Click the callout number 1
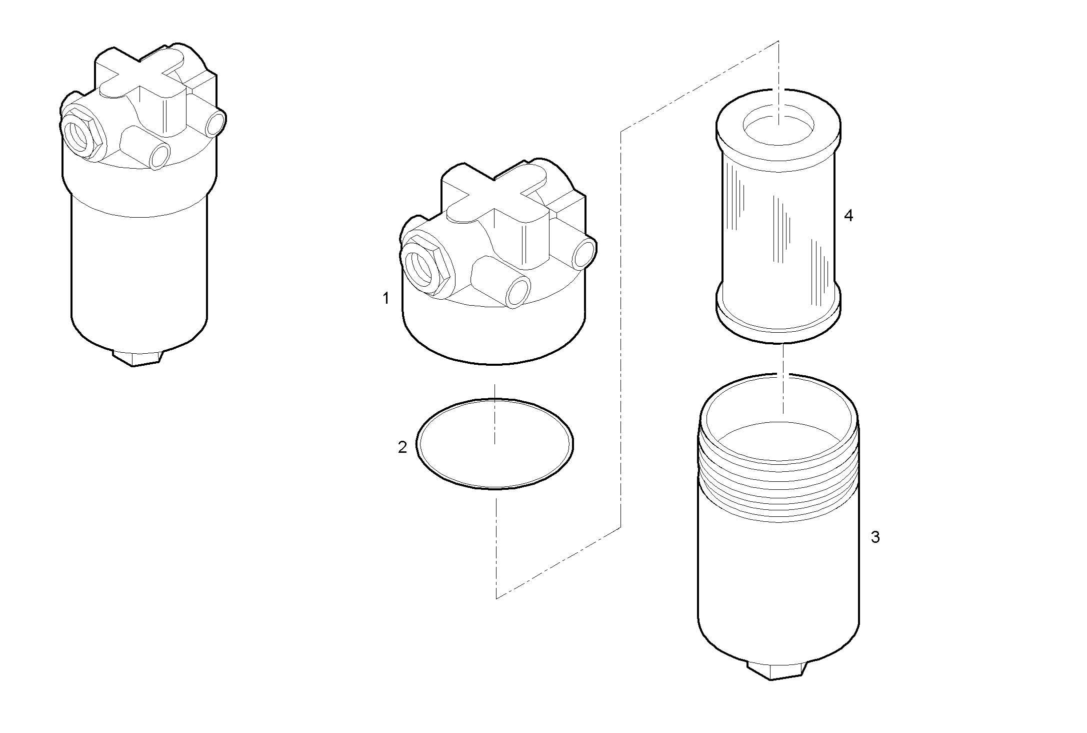tap(385, 299)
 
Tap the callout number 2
tap(402, 447)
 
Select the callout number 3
tap(875, 537)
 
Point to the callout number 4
tap(848, 216)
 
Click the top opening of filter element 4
tap(779, 128)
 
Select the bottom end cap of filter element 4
tap(778, 320)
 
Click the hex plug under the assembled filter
tap(138, 357)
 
